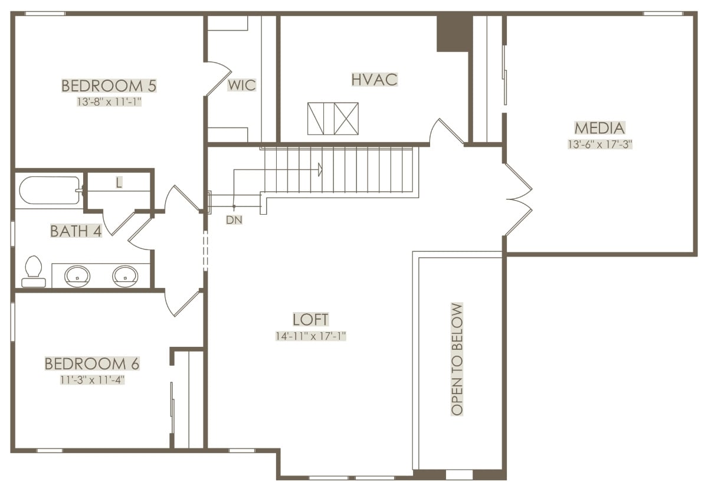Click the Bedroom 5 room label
coord(109,86)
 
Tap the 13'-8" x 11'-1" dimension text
coord(109,101)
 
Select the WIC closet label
coord(242,85)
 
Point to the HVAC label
coord(375,79)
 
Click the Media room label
coord(599,128)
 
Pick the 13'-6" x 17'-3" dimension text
coord(600,145)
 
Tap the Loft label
coord(310,320)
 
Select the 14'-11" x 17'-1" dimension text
coord(311,336)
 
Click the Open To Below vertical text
coord(457,359)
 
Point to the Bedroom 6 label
coord(92,364)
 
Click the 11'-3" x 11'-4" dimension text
coord(92,380)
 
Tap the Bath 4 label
coord(76,231)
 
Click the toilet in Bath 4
coord(34,271)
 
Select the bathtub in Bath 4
coord(50,190)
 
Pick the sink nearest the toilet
coord(77,276)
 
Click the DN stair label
coord(234,219)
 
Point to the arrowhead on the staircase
coord(320,170)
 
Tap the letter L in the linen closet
coord(119,182)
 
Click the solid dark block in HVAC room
coord(454,34)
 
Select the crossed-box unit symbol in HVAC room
coord(333,119)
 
